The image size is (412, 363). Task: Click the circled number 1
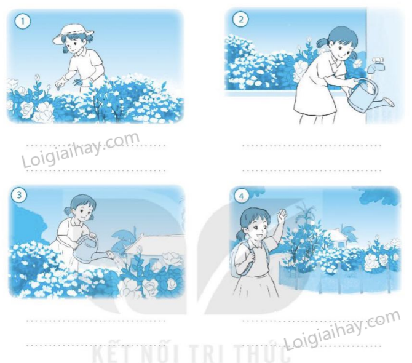22,21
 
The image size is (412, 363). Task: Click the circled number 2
241,18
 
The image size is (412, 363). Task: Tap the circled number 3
19,195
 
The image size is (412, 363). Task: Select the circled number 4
242,196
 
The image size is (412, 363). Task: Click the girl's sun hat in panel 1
73,34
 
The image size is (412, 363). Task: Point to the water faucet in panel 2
374,65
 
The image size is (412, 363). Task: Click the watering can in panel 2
368,95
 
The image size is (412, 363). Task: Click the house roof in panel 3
154,243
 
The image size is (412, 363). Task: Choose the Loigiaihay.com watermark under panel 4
342,330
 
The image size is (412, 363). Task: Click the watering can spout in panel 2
384,103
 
